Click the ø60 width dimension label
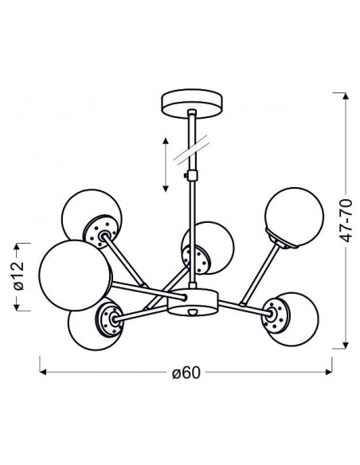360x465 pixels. (x=186, y=373)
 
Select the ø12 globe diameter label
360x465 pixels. (x=18, y=275)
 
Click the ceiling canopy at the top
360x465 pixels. (x=192, y=104)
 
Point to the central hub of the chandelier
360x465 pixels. (x=193, y=302)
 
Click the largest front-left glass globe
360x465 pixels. (x=76, y=275)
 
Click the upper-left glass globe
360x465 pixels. (x=91, y=215)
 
